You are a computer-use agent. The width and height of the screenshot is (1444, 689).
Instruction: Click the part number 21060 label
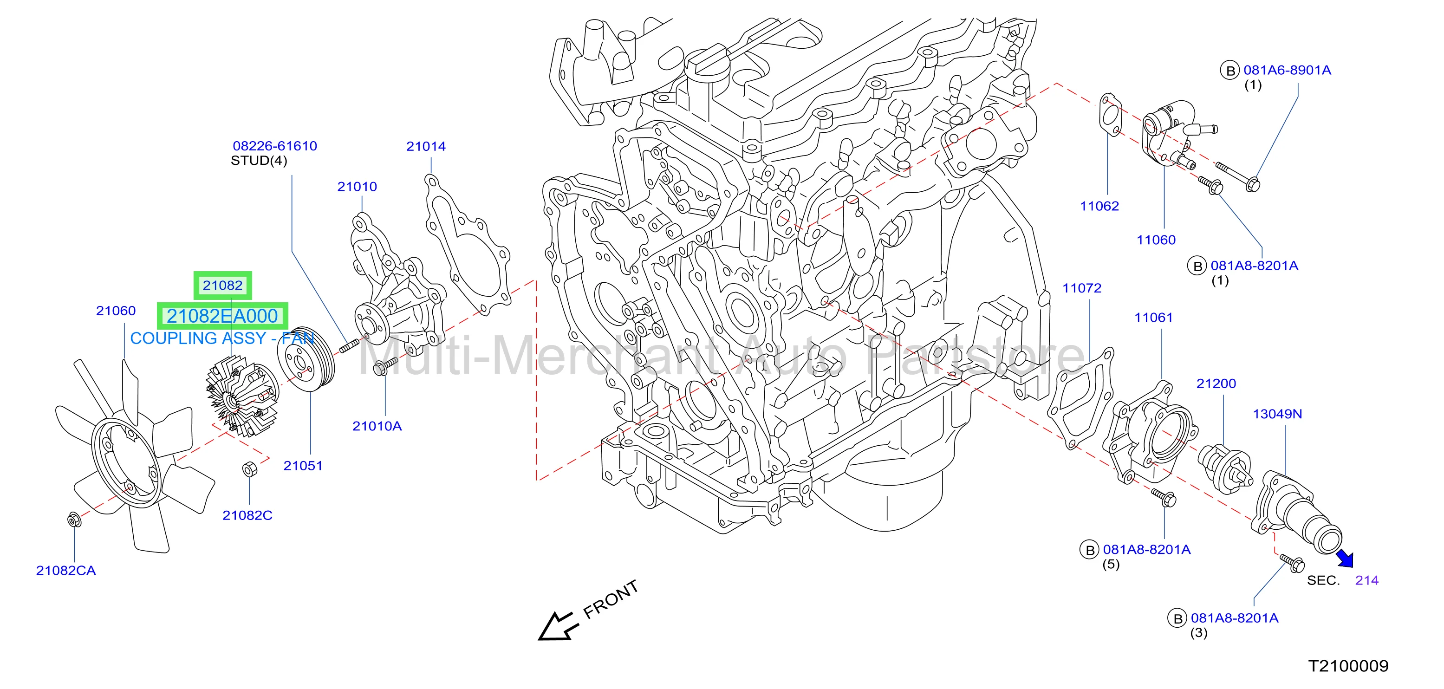tap(116, 311)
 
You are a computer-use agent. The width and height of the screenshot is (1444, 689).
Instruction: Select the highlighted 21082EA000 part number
tap(222, 316)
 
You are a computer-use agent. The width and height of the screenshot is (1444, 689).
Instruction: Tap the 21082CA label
tap(66, 570)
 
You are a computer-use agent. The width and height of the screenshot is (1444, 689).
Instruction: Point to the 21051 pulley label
tap(303, 465)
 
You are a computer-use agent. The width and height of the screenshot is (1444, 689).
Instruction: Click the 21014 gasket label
tap(426, 146)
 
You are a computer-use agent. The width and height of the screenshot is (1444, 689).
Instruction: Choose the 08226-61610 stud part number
tap(275, 146)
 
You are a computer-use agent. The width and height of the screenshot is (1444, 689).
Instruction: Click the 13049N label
tap(1277, 414)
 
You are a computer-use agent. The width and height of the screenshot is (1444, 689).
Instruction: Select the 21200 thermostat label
tap(1216, 383)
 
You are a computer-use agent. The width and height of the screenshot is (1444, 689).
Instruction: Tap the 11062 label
tap(1099, 206)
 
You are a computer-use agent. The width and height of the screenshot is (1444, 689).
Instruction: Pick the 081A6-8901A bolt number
tap(1288, 70)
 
